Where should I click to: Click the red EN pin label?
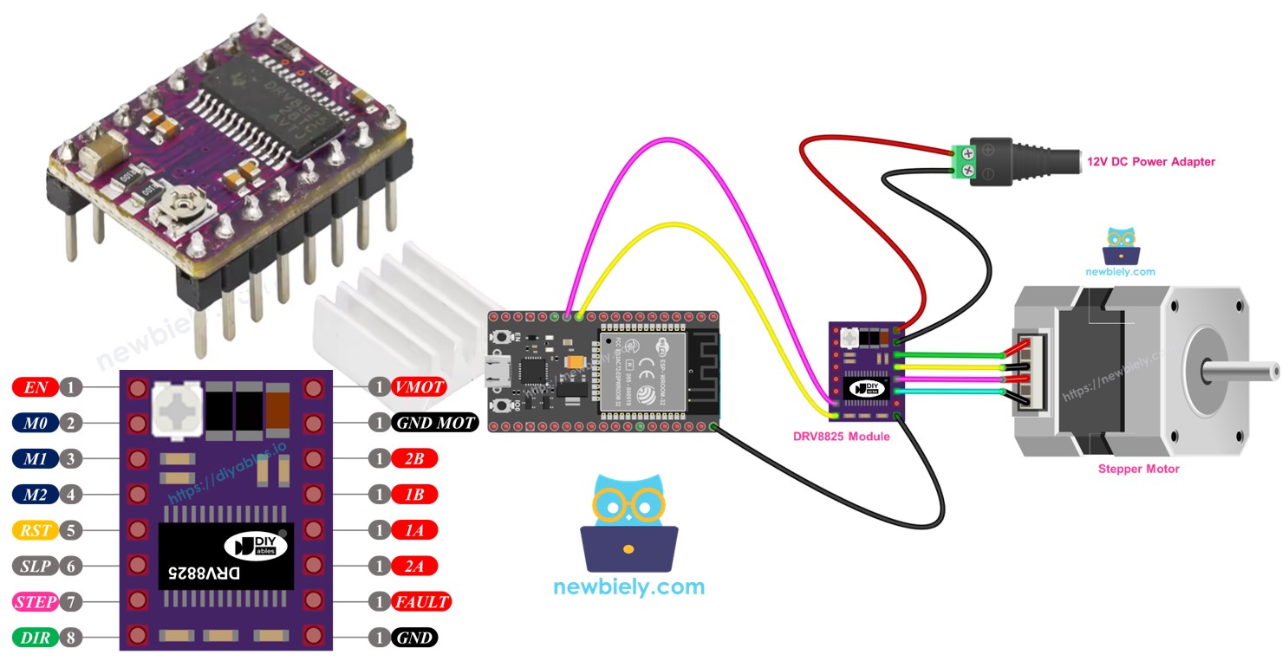point(36,387)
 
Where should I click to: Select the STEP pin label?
point(36,601)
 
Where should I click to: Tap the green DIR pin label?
point(36,638)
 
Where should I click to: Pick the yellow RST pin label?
point(36,529)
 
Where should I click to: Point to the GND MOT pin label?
point(435,423)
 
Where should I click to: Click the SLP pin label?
point(36,566)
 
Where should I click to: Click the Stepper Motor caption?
point(1138,469)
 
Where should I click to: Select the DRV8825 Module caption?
point(841,436)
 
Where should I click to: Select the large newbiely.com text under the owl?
point(628,586)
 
